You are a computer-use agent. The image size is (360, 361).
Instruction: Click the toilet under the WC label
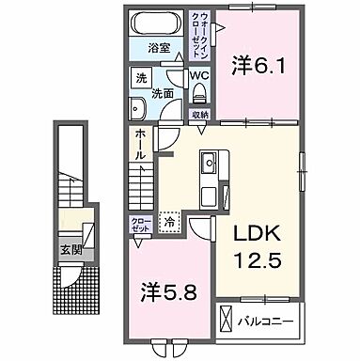[200, 93]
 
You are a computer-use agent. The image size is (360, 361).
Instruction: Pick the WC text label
[199, 75]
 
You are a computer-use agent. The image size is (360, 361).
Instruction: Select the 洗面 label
[163, 93]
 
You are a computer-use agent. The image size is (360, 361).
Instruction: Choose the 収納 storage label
[199, 116]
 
